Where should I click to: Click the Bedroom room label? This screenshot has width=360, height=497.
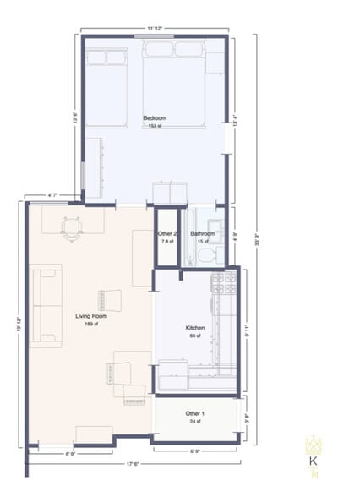pos(154,118)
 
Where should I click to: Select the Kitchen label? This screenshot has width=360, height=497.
pos(196,328)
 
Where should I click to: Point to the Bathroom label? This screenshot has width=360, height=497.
pos(202,234)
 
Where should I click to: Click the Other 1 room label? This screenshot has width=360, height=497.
pos(194,413)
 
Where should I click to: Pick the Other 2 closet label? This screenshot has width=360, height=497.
pos(167,234)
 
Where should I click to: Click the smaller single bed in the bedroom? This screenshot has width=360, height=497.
pos(106,85)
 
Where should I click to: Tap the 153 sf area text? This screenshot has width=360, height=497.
pos(154,126)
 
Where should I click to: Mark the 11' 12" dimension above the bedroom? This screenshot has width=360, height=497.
pos(154,29)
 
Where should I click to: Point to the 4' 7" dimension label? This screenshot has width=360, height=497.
pos(52,196)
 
